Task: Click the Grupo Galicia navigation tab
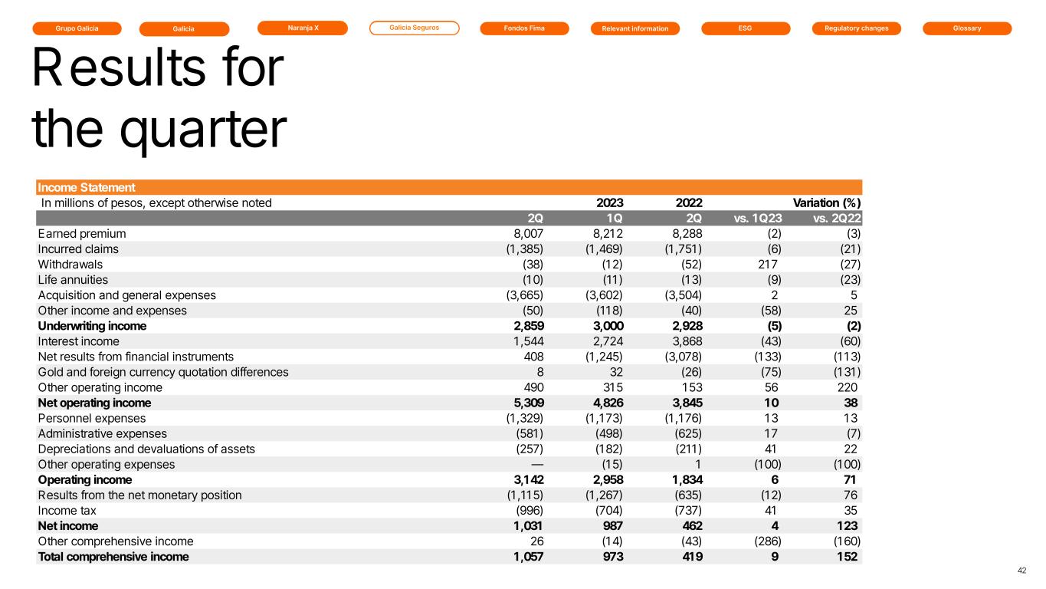(77, 28)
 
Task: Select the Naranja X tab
(302, 28)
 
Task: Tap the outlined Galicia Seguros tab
(414, 28)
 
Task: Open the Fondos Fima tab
(524, 28)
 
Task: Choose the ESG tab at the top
(745, 28)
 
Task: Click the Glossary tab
(966, 28)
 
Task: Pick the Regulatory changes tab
(855, 28)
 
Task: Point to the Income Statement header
(87, 187)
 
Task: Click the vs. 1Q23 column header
(756, 219)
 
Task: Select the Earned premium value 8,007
(528, 234)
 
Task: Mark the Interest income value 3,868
(684, 341)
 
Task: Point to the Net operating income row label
(94, 403)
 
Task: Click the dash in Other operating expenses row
(536, 464)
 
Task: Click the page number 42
(1021, 570)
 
